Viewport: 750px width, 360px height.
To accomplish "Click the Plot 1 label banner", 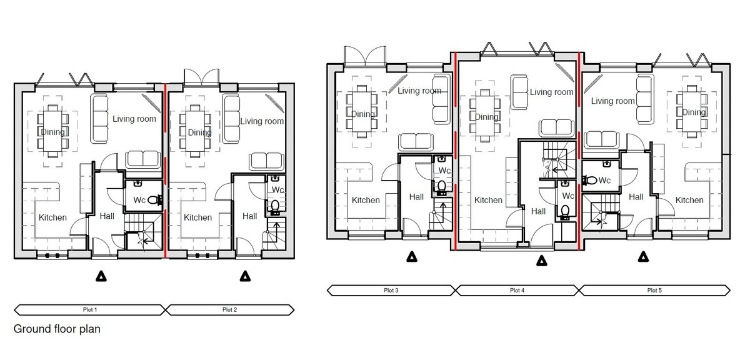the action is pos(90,310).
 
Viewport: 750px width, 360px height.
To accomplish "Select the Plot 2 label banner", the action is pos(230,310).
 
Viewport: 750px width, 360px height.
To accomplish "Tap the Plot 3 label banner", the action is pos(391,291).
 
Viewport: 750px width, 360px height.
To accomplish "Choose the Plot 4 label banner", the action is pos(517,291).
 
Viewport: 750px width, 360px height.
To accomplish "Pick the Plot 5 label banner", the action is pos(654,291).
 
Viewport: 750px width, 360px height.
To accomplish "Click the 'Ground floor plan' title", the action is pos(57,329).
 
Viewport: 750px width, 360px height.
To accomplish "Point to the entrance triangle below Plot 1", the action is pos(101,276).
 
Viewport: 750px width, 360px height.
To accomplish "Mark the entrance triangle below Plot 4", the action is pos(541,261).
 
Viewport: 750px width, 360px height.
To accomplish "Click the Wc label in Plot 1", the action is pos(139,200).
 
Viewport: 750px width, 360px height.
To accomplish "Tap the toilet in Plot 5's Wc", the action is pos(590,180).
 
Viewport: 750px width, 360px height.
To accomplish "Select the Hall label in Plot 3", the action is pos(416,197).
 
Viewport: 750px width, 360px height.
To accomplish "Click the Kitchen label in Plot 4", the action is pos(488,200).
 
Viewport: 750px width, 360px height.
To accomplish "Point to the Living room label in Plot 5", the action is pos(612,101).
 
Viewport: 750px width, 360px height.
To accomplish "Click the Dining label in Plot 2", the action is pos(199,132).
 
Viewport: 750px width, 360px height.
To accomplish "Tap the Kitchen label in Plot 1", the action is pos(52,217).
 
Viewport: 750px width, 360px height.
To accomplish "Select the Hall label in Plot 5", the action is pos(636,197).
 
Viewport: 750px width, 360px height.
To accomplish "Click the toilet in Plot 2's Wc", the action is pos(275,207).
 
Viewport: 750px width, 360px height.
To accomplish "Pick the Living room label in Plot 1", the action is pos(134,119).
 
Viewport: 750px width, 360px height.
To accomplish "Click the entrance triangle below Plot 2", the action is pos(246,276).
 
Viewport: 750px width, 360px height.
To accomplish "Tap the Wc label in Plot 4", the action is pos(568,196).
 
